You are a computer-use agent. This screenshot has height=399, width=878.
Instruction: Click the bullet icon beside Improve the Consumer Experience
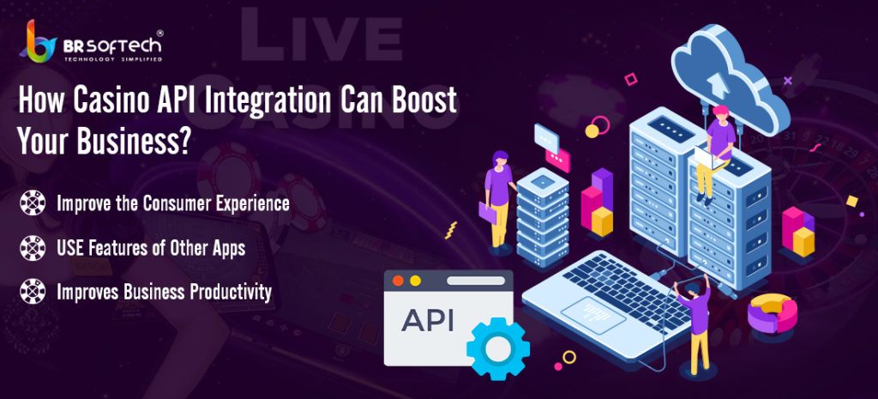[x=33, y=203]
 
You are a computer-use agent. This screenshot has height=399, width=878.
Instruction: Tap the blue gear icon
[x=498, y=350]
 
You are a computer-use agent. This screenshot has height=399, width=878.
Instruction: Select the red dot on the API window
[x=398, y=281]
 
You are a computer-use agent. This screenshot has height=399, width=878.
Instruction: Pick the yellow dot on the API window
[x=415, y=281]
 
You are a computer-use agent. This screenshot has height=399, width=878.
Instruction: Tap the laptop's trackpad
[x=593, y=316]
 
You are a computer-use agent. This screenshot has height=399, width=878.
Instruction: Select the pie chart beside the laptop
[x=773, y=313]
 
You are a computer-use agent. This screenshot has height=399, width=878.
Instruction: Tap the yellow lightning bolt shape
[x=451, y=230]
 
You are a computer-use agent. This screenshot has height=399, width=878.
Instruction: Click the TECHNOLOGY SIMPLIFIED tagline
[x=113, y=59]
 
